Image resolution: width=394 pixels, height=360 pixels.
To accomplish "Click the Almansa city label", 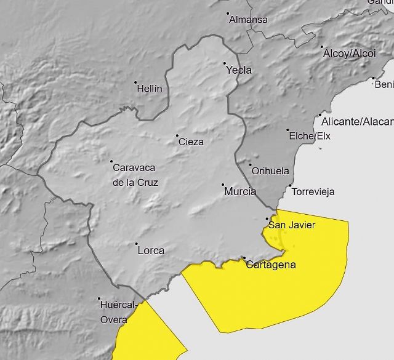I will (248, 20).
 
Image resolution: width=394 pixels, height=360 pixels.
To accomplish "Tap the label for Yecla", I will (239, 70).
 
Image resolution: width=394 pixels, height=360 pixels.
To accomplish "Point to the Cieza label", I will (191, 142).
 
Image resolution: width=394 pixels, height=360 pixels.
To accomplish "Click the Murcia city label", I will (240, 191).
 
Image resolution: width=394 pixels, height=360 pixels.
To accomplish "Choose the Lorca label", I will (151, 250).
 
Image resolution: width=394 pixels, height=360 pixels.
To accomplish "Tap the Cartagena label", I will (270, 265).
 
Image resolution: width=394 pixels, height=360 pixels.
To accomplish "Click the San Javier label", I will (292, 225).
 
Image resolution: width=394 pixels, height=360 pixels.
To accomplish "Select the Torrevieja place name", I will (313, 192).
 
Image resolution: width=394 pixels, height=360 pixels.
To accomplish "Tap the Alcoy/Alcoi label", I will (348, 54).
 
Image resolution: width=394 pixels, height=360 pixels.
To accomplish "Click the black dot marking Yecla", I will (225, 63).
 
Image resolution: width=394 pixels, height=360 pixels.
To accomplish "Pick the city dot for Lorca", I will (136, 244).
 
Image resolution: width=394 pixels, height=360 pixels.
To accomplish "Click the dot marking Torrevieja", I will (291, 186).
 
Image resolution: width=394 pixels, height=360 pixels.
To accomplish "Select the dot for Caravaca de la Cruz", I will (111, 162).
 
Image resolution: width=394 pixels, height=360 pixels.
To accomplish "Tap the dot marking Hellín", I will (135, 82).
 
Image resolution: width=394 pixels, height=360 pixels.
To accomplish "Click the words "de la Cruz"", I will (135, 183).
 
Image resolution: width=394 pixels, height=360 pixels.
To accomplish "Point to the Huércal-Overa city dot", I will (99, 299).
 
